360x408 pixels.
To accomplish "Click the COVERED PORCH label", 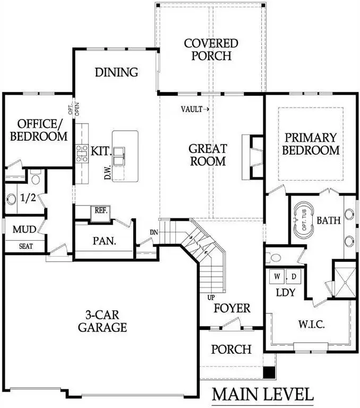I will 210,49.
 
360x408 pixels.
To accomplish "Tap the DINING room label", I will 116,72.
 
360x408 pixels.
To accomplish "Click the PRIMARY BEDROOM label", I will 311,143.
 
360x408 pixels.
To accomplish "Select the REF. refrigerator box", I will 101,210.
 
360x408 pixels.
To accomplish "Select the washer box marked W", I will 277,277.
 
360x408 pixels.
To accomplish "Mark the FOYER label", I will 232,308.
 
